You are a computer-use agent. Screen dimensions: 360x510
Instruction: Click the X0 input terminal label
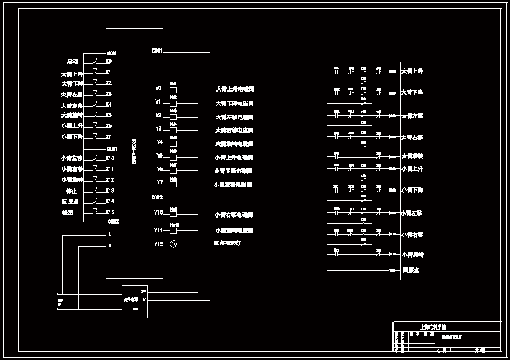109,61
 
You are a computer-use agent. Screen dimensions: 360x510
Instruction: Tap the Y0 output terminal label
158,88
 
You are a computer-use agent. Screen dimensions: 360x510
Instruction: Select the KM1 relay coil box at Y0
173,89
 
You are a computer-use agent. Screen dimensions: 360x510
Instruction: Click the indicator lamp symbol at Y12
173,244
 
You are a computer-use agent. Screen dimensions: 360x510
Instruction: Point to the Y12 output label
158,244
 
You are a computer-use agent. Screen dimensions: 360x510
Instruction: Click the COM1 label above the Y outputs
156,51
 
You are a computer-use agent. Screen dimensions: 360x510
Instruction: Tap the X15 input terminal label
110,212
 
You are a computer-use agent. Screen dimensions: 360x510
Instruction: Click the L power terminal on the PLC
110,233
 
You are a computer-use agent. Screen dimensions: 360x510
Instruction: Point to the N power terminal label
110,245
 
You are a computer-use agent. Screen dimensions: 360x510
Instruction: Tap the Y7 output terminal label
158,182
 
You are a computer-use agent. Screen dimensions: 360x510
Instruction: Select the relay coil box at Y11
173,231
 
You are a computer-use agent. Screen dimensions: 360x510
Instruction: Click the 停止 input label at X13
71,191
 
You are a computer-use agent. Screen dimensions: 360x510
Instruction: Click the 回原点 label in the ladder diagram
411,270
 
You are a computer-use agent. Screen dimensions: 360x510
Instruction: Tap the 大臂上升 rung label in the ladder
412,72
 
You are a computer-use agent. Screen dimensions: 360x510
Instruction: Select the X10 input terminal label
110,158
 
